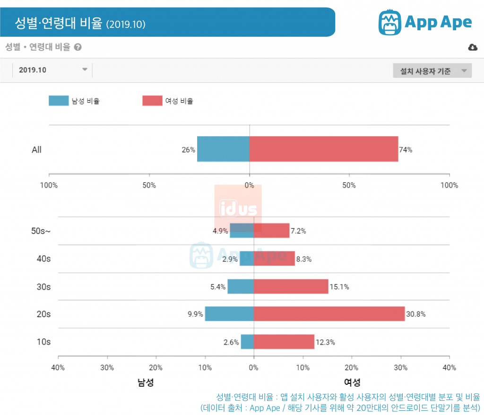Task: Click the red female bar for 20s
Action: point(329,314)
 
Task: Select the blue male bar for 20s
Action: point(229,314)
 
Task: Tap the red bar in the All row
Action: point(323,149)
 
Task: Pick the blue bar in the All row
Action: point(223,149)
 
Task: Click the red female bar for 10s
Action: point(284,342)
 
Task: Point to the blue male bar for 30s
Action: point(241,286)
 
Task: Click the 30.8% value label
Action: point(416,314)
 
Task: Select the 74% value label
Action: point(406,150)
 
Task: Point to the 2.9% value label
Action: point(230,259)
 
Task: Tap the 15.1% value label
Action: point(339,287)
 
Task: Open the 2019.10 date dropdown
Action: point(52,70)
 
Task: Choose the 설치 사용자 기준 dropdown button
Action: point(432,71)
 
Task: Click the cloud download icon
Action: point(472,47)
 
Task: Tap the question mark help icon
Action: point(78,47)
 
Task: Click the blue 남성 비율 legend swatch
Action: point(59,101)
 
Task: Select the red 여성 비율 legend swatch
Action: point(152,101)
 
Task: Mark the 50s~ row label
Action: point(41,231)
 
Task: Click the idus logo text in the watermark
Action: point(238,209)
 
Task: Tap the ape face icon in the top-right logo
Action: point(390,22)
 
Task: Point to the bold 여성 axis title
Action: point(352,382)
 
